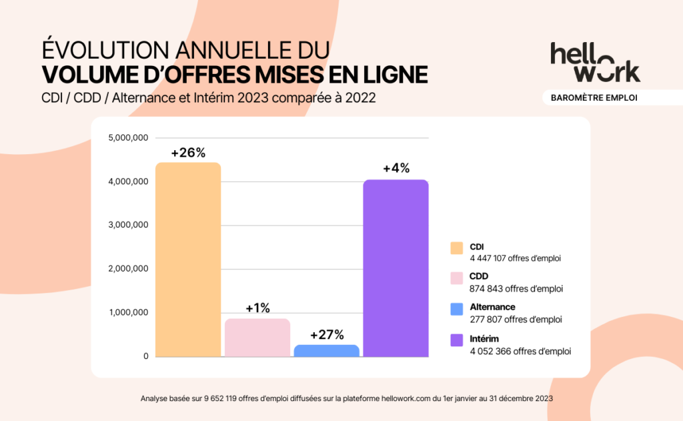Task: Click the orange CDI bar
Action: coord(187,260)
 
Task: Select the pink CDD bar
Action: coord(257,338)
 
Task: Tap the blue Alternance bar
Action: coord(327,350)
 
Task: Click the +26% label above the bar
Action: coord(187,153)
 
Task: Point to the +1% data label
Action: coord(257,308)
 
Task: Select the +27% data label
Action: coord(327,334)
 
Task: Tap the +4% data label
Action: coord(396,169)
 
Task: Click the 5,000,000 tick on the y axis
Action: coord(127,138)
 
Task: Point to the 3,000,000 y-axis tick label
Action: coord(127,226)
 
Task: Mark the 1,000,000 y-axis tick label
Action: coord(127,312)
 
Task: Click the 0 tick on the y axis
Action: coord(145,356)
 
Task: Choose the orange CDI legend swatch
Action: coord(457,248)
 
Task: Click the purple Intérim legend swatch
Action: coord(457,340)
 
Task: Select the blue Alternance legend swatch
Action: coord(457,310)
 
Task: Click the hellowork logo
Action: coord(595,63)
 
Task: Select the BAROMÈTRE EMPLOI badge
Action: coord(594,97)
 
